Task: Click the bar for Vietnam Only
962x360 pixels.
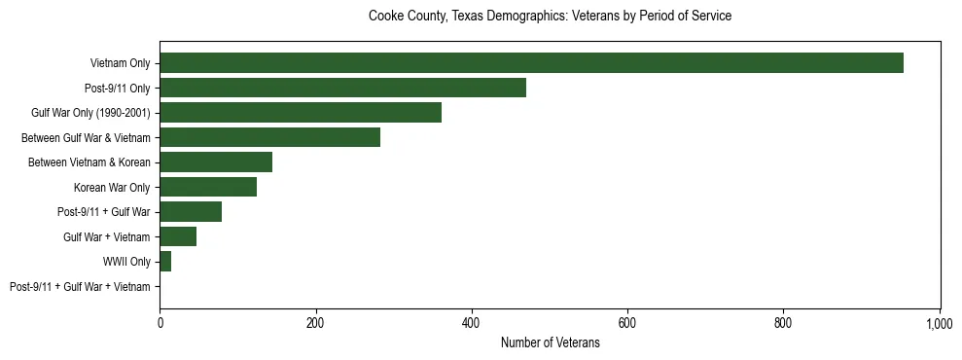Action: (531, 63)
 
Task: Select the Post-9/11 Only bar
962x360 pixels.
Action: (342, 88)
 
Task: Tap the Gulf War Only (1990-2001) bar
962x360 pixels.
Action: (301, 113)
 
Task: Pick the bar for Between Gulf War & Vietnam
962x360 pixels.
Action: (269, 137)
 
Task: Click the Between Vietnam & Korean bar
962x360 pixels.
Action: (216, 162)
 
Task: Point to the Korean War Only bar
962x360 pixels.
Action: (208, 187)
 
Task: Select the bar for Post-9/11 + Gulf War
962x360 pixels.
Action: (191, 212)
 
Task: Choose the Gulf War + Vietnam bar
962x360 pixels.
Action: (178, 236)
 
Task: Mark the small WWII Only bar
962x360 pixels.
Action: (165, 262)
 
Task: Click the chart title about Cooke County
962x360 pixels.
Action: (550, 17)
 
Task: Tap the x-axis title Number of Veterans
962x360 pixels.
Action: (550, 343)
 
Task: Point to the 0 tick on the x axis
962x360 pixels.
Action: (160, 322)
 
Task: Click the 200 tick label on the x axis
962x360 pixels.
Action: (315, 322)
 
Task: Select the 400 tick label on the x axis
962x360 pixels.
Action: (472, 322)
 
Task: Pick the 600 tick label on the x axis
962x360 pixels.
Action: (627, 322)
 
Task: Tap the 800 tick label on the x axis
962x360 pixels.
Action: (783, 322)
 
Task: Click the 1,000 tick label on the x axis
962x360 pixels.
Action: (939, 322)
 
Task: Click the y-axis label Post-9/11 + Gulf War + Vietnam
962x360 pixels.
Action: (80, 287)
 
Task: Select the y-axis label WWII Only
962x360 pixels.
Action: (126, 262)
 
